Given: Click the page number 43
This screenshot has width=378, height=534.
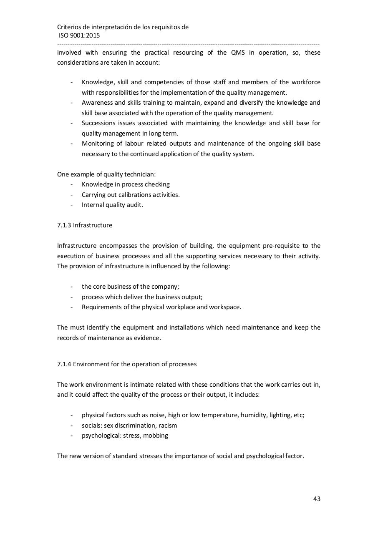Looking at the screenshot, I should click(317, 499).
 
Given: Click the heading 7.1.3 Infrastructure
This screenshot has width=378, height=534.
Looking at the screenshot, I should click(85, 225).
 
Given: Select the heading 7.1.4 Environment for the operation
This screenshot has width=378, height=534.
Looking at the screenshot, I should click(127, 364).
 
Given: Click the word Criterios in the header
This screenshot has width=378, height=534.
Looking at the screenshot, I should click(70, 27).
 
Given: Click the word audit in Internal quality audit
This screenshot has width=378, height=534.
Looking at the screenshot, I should click(135, 205).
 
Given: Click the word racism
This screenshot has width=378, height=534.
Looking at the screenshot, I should click(168, 426).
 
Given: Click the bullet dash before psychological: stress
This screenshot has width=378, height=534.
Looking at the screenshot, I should click(72, 436).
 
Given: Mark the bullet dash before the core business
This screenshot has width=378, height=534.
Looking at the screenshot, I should click(72, 287).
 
